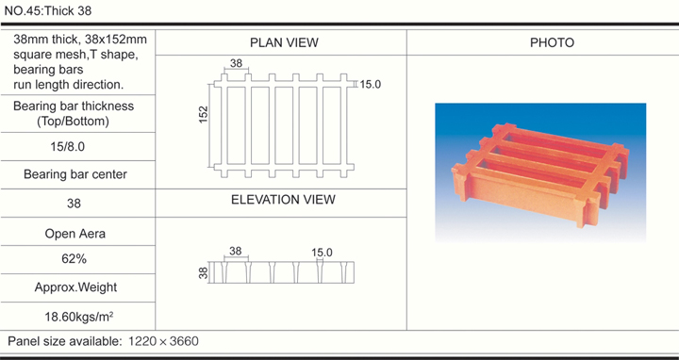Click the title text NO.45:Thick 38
click(48, 10)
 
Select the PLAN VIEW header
click(284, 42)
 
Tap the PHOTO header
click(552, 42)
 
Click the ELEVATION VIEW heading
click(283, 200)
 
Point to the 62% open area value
click(75, 259)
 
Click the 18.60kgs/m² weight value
click(79, 317)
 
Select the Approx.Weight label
click(75, 287)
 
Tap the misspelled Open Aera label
click(75, 234)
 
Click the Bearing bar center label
click(75, 174)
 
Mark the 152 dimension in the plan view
click(204, 115)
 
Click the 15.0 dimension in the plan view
click(371, 85)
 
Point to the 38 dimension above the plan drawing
click(236, 63)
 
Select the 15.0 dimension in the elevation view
click(322, 253)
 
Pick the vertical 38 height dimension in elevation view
click(204, 272)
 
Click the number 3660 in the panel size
click(184, 341)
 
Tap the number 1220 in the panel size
click(143, 341)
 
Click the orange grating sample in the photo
click(540, 173)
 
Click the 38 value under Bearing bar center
click(75, 204)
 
